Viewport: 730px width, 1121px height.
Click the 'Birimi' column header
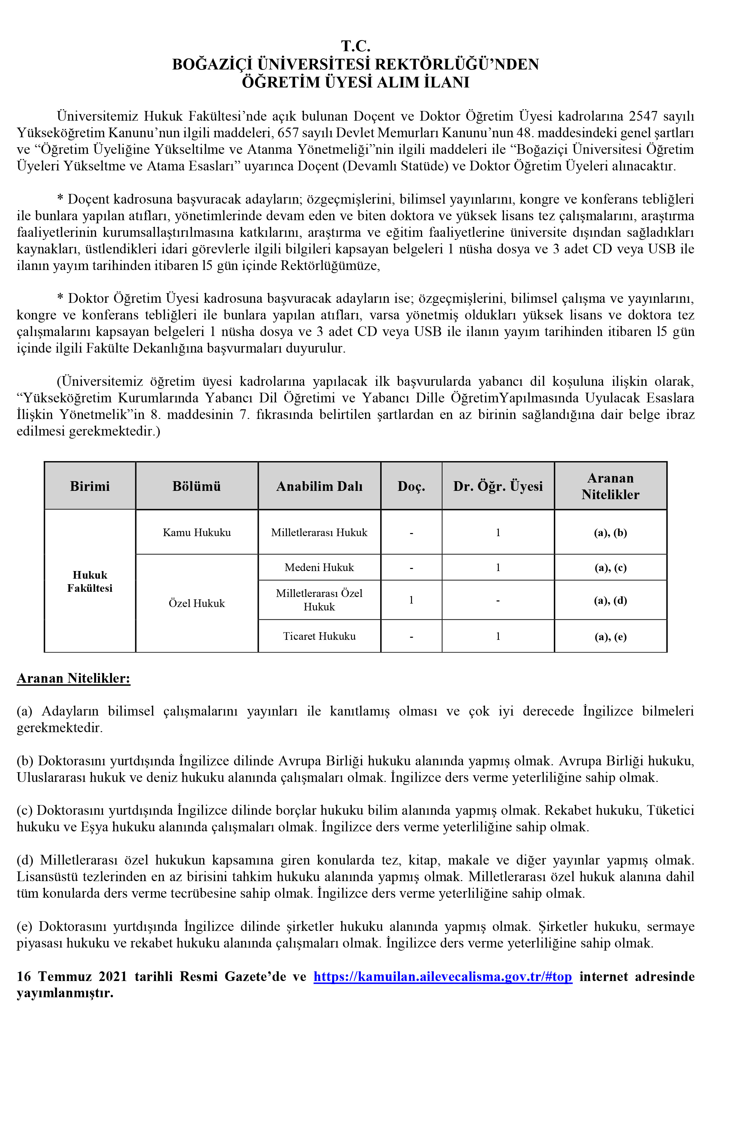click(x=90, y=486)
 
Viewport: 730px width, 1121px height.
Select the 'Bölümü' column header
click(x=197, y=486)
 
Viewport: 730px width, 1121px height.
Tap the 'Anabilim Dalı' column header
click(x=319, y=486)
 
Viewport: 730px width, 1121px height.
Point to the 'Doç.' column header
click(x=411, y=486)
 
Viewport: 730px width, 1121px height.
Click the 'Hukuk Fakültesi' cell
click(x=90, y=581)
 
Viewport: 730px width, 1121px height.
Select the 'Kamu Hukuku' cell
click(x=197, y=532)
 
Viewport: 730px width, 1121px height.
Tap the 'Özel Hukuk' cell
click(x=197, y=603)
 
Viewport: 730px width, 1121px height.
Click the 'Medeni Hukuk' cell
click(x=319, y=567)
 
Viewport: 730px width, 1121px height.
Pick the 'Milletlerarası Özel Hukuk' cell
click(x=319, y=600)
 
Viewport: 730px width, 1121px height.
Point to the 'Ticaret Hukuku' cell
click(x=319, y=636)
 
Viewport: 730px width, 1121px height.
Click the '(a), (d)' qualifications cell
click(x=610, y=600)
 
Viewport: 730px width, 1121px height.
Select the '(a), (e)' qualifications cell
click(x=610, y=636)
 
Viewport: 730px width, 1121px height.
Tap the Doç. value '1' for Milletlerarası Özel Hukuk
click(x=411, y=600)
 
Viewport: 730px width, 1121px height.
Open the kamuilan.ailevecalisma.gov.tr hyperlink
click(x=442, y=977)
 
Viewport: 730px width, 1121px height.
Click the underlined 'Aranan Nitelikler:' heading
click(x=73, y=678)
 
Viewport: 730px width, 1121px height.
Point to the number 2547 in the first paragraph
click(x=643, y=116)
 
